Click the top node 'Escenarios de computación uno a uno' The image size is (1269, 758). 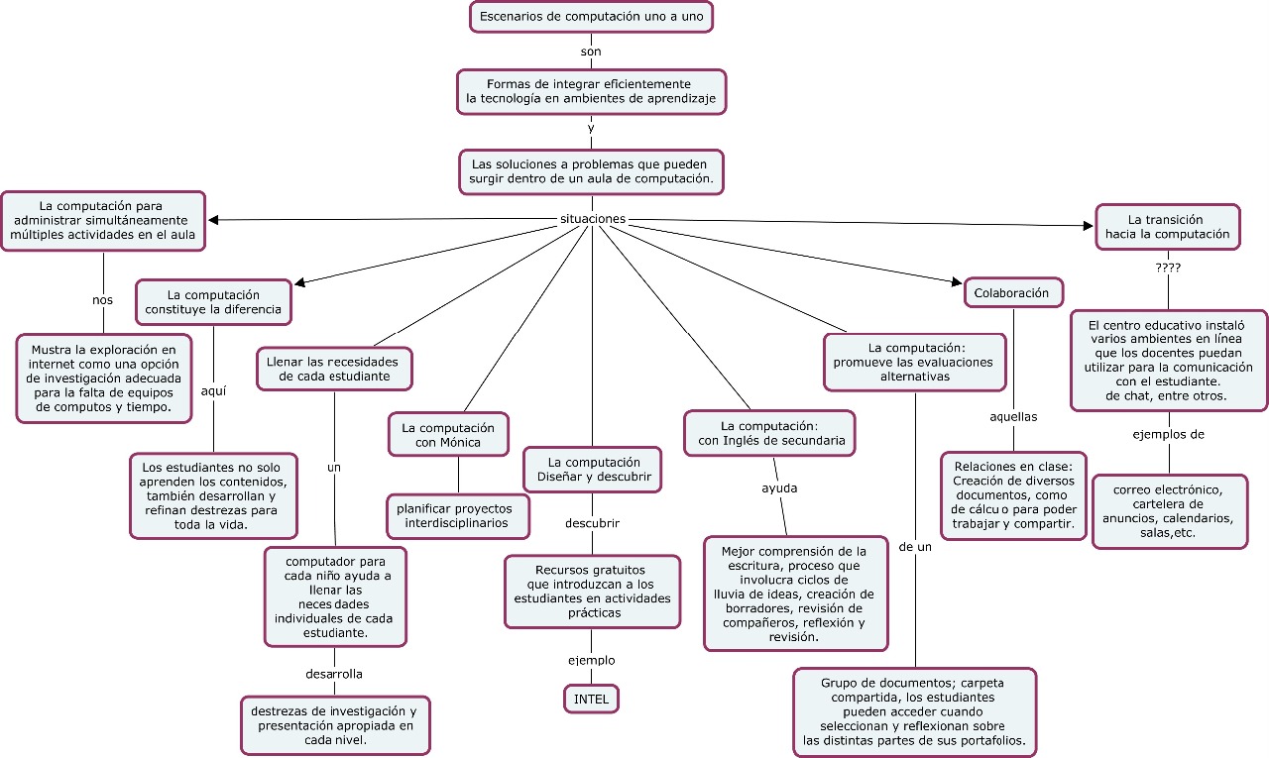pyautogui.click(x=591, y=17)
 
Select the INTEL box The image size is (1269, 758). pyautogui.click(x=592, y=699)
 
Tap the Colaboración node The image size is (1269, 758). pyautogui.click(x=1011, y=293)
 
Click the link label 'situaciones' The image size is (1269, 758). pyautogui.click(x=593, y=218)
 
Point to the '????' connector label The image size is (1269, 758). pyautogui.click(x=1168, y=268)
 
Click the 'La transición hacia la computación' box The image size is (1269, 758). pyautogui.click(x=1166, y=227)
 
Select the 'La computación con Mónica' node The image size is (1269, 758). pyautogui.click(x=448, y=435)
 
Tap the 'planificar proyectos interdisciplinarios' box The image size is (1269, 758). pyautogui.click(x=456, y=515)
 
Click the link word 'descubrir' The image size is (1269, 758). pyautogui.click(x=593, y=522)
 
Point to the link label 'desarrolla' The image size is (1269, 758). pyautogui.click(x=334, y=674)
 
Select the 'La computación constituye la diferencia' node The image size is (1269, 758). pyautogui.click(x=213, y=302)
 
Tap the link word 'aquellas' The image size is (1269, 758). pyautogui.click(x=1013, y=416)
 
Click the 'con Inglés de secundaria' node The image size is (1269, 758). pyautogui.click(x=771, y=433)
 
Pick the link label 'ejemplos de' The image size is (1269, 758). pyautogui.click(x=1168, y=434)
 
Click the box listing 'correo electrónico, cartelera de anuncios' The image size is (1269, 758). pyautogui.click(x=1168, y=511)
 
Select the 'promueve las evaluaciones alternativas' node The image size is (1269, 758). pyautogui.click(x=916, y=362)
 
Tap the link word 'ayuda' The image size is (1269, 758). pyautogui.click(x=779, y=487)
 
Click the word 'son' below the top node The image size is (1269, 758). pyautogui.click(x=591, y=52)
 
